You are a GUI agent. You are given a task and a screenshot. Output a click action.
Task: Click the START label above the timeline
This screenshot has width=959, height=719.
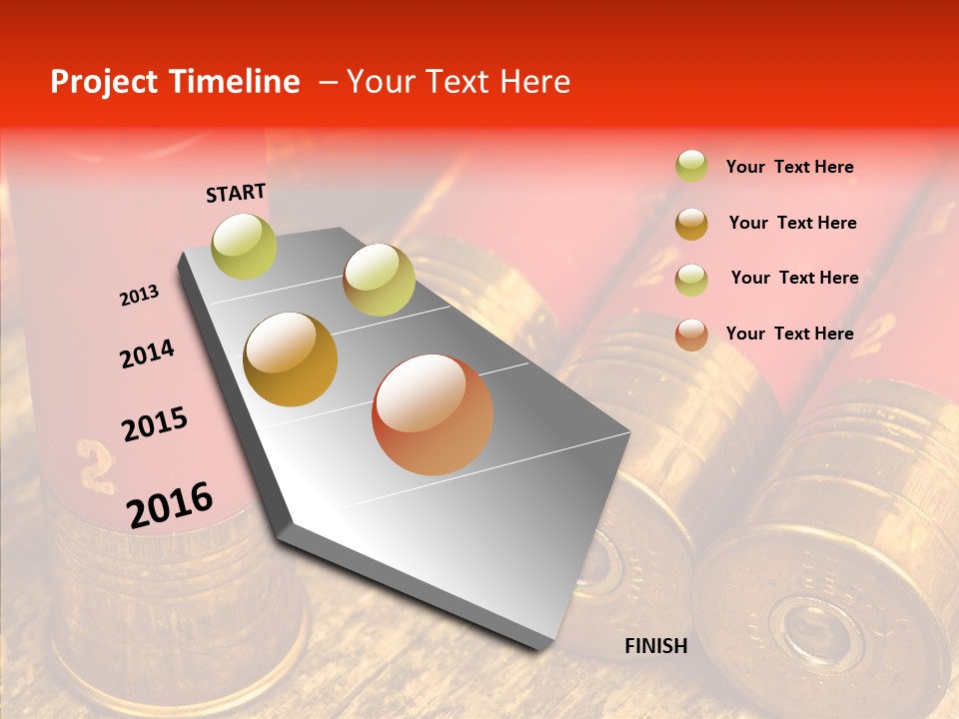tap(236, 193)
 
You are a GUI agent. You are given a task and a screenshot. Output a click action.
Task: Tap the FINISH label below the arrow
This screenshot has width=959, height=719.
tap(655, 646)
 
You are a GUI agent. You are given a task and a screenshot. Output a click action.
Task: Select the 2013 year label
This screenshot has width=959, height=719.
tap(139, 295)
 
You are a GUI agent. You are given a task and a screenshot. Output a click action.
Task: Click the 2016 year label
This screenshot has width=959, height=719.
tap(170, 504)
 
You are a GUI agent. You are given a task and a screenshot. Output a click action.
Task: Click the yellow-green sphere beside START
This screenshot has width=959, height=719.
tap(244, 246)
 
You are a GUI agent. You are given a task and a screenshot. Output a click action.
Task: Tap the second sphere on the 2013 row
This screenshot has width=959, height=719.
tap(379, 280)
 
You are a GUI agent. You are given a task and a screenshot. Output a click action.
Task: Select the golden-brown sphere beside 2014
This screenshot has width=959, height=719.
tap(291, 359)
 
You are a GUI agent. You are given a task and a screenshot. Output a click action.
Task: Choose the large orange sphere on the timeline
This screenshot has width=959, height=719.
tap(433, 414)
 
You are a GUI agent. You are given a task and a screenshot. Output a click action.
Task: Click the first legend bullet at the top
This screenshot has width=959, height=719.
tap(691, 167)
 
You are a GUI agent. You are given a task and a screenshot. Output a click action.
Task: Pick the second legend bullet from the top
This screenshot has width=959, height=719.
tap(691, 223)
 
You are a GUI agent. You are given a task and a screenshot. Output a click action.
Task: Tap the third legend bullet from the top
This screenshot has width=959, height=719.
tap(691, 279)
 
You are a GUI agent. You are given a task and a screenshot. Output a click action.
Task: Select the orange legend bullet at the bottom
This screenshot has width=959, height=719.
tap(691, 334)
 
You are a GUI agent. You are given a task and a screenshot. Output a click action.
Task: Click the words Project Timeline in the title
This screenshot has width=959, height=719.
tap(175, 82)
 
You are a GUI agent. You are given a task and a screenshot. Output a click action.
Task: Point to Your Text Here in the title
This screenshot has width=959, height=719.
tap(458, 82)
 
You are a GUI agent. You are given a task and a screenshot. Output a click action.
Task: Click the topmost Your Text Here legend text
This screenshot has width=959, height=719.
tap(789, 167)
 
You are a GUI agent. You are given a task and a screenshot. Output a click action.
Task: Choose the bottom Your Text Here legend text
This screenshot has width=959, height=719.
tap(789, 334)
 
